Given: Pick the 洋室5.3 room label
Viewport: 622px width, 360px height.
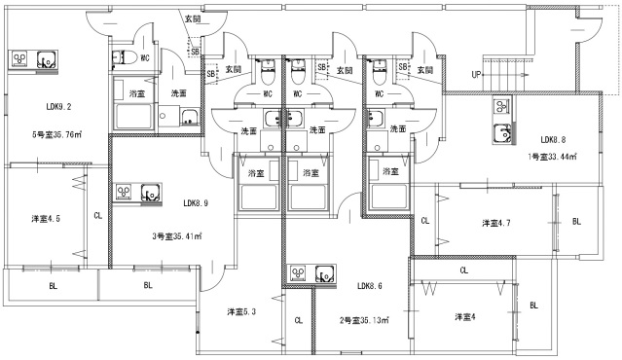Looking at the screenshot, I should pyautogui.click(x=242, y=311).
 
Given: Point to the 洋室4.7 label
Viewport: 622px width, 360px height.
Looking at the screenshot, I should pyautogui.click(x=496, y=224).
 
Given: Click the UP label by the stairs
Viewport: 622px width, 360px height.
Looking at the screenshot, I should pyautogui.click(x=477, y=75).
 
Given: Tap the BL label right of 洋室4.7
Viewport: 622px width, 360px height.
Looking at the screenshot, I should pyautogui.click(x=576, y=222).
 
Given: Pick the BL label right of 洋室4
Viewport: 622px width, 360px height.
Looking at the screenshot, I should pyautogui.click(x=533, y=305).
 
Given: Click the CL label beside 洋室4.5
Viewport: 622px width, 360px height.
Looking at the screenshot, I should pyautogui.click(x=97, y=215).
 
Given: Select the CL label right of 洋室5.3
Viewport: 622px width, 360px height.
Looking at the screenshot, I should pyautogui.click(x=298, y=319).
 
